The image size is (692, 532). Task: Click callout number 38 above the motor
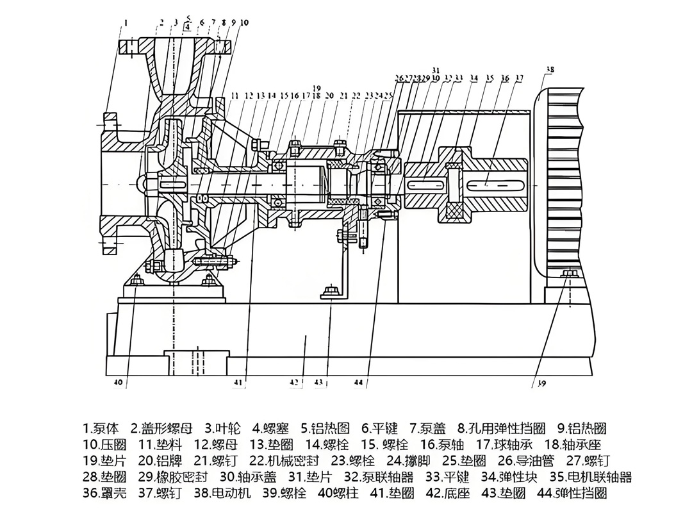(x=550, y=69)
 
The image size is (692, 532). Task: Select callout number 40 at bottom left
(x=118, y=383)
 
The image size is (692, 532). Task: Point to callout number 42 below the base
(x=294, y=383)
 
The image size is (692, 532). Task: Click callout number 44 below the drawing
(x=358, y=383)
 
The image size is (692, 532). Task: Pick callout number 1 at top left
(x=126, y=23)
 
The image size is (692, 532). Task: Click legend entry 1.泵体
(x=101, y=428)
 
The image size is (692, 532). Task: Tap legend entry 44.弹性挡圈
(x=572, y=494)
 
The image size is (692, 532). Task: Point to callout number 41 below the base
(x=239, y=383)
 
